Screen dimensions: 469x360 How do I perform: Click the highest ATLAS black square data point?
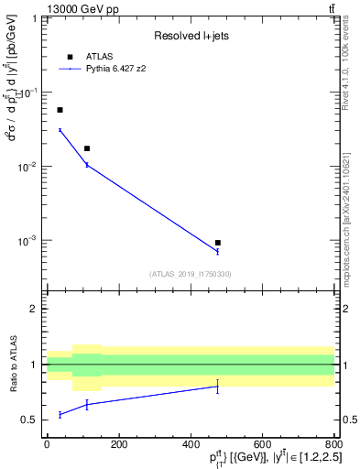click(60, 110)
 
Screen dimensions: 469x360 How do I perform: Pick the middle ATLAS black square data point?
click(87, 148)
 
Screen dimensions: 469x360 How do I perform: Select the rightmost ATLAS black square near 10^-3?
click(217, 243)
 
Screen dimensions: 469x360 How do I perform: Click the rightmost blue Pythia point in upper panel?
click(217, 252)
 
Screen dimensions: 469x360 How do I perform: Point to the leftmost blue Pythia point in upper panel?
click(60, 130)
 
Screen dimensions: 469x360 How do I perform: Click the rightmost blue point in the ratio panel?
click(217, 387)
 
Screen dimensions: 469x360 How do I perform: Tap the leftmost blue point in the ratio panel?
click(60, 414)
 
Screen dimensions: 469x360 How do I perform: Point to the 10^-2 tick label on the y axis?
click(29, 167)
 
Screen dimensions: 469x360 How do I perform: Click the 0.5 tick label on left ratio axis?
click(31, 420)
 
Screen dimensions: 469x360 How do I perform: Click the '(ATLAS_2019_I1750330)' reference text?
click(191, 274)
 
